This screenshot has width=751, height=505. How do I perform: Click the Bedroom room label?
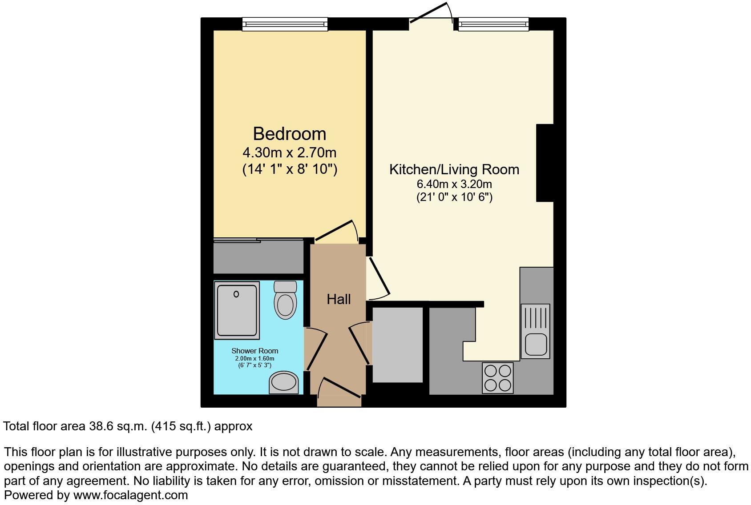(289, 134)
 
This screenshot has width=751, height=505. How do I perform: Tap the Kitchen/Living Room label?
(454, 169)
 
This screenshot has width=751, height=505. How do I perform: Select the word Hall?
(339, 299)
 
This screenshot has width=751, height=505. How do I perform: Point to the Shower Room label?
(254, 351)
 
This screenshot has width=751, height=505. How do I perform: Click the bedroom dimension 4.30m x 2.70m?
(289, 153)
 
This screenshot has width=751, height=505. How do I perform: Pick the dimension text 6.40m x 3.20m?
(454, 184)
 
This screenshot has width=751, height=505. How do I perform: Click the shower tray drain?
(236, 294)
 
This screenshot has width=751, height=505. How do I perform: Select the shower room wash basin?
(283, 382)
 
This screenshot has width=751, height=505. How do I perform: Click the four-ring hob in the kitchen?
(497, 378)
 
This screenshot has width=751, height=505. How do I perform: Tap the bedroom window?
(285, 24)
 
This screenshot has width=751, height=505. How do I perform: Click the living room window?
(493, 24)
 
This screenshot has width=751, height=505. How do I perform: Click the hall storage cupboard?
(397, 345)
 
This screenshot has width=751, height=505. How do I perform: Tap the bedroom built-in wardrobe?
(258, 257)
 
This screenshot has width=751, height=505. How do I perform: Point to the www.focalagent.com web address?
(130, 495)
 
